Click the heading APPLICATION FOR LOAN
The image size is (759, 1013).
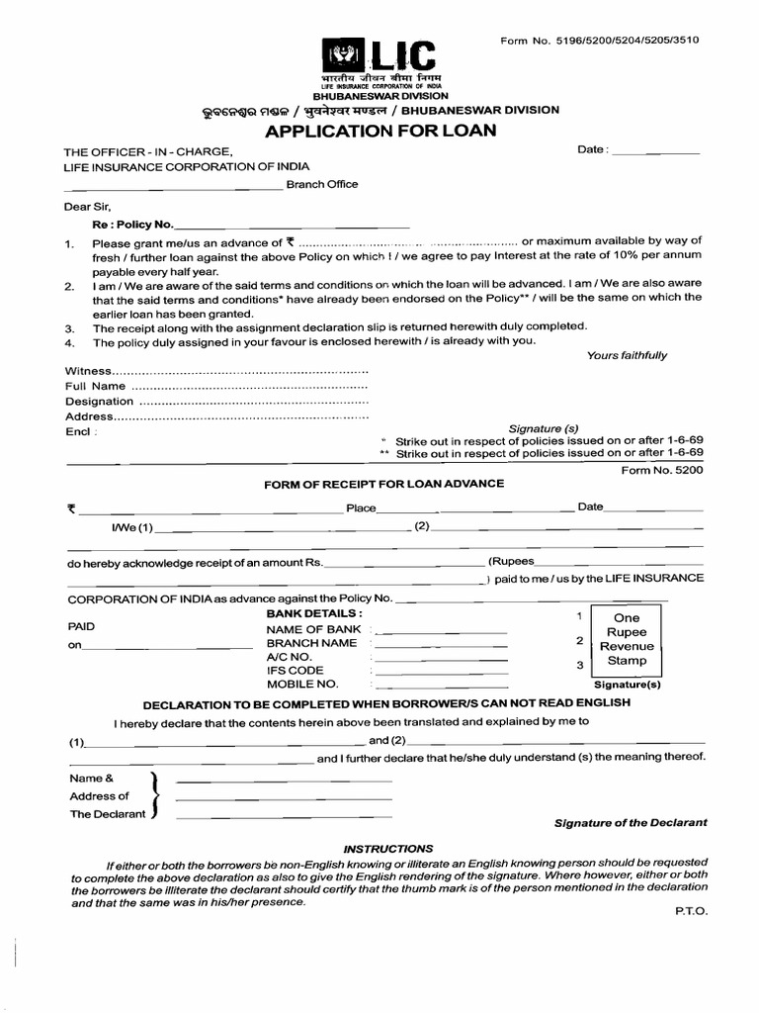click(x=379, y=132)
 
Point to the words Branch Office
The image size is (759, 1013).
click(x=322, y=184)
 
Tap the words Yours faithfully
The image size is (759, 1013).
click(x=627, y=355)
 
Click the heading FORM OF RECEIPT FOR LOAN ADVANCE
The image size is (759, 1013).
click(x=383, y=484)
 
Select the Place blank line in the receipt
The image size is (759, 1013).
click(x=476, y=510)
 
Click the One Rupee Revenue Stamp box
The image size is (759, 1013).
click(x=627, y=639)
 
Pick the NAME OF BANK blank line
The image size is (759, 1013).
click(x=442, y=632)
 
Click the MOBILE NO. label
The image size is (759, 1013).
click(x=302, y=684)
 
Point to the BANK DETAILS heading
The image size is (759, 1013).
click(x=314, y=613)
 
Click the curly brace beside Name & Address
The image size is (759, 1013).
click(x=153, y=795)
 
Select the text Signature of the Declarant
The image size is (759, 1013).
click(x=631, y=823)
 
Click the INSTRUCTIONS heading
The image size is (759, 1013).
click(x=387, y=849)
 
